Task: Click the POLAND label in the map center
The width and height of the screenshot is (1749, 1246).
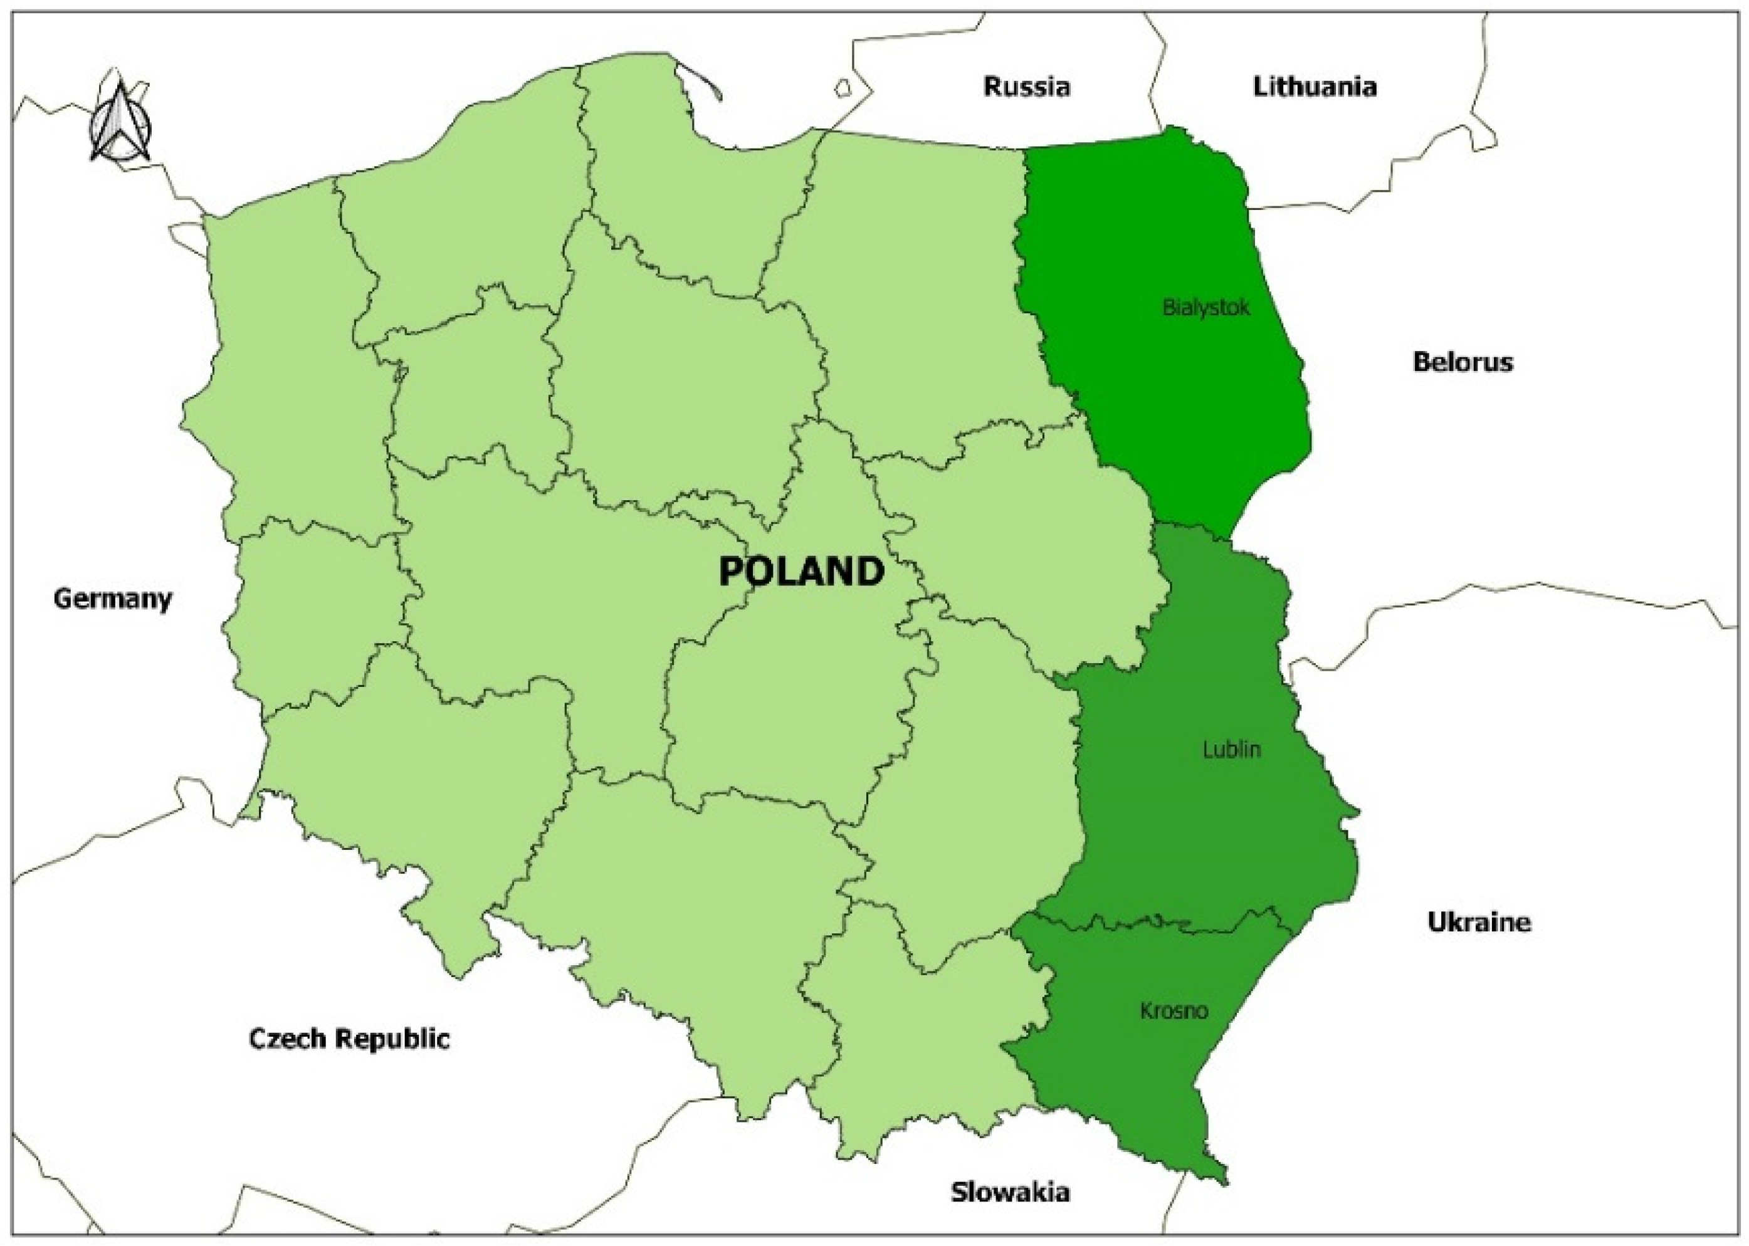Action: coord(801,572)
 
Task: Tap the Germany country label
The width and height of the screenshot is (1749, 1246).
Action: coord(113,599)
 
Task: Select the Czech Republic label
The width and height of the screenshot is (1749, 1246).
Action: coord(349,1039)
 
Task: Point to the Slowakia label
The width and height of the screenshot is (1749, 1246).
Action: coord(1010,1191)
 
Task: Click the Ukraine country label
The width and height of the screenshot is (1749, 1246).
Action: coord(1479,921)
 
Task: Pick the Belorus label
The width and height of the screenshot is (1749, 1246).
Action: coord(1463,362)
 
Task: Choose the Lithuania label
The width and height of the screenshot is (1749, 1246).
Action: coord(1315,86)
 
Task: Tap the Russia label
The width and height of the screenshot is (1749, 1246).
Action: coord(1027,86)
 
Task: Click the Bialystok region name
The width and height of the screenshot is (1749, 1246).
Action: coord(1205,308)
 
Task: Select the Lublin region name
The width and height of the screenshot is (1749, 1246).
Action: coord(1231,749)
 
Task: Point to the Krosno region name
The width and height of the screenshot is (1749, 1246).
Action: coord(1174,1011)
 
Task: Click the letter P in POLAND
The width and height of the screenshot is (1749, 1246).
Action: coord(732,572)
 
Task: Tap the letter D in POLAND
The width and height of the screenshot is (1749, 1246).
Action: coord(869,572)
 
